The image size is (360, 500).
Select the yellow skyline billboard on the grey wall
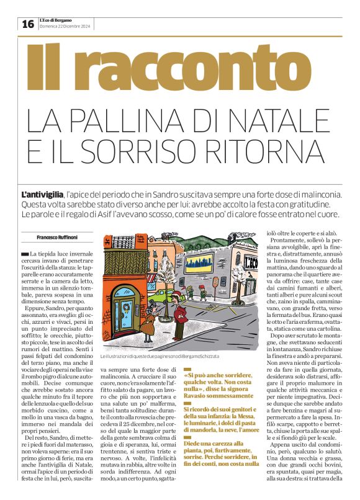pyautogui.click(x=199, y=264)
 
